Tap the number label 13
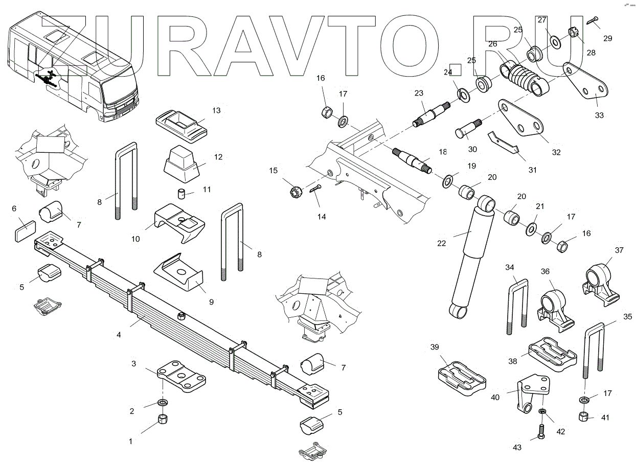point(216,110)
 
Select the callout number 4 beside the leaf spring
point(119,335)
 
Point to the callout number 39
point(435,347)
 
